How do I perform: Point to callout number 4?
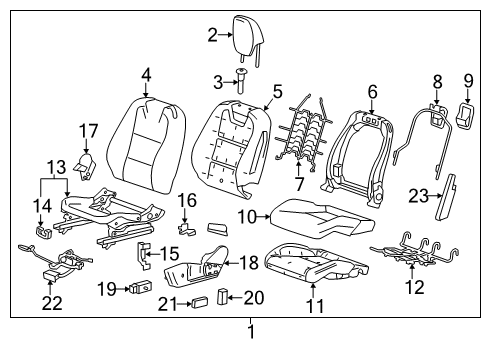(x=146, y=74)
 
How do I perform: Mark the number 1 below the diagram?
(x=250, y=331)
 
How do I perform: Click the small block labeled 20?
(x=224, y=297)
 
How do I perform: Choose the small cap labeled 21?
(x=199, y=300)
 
